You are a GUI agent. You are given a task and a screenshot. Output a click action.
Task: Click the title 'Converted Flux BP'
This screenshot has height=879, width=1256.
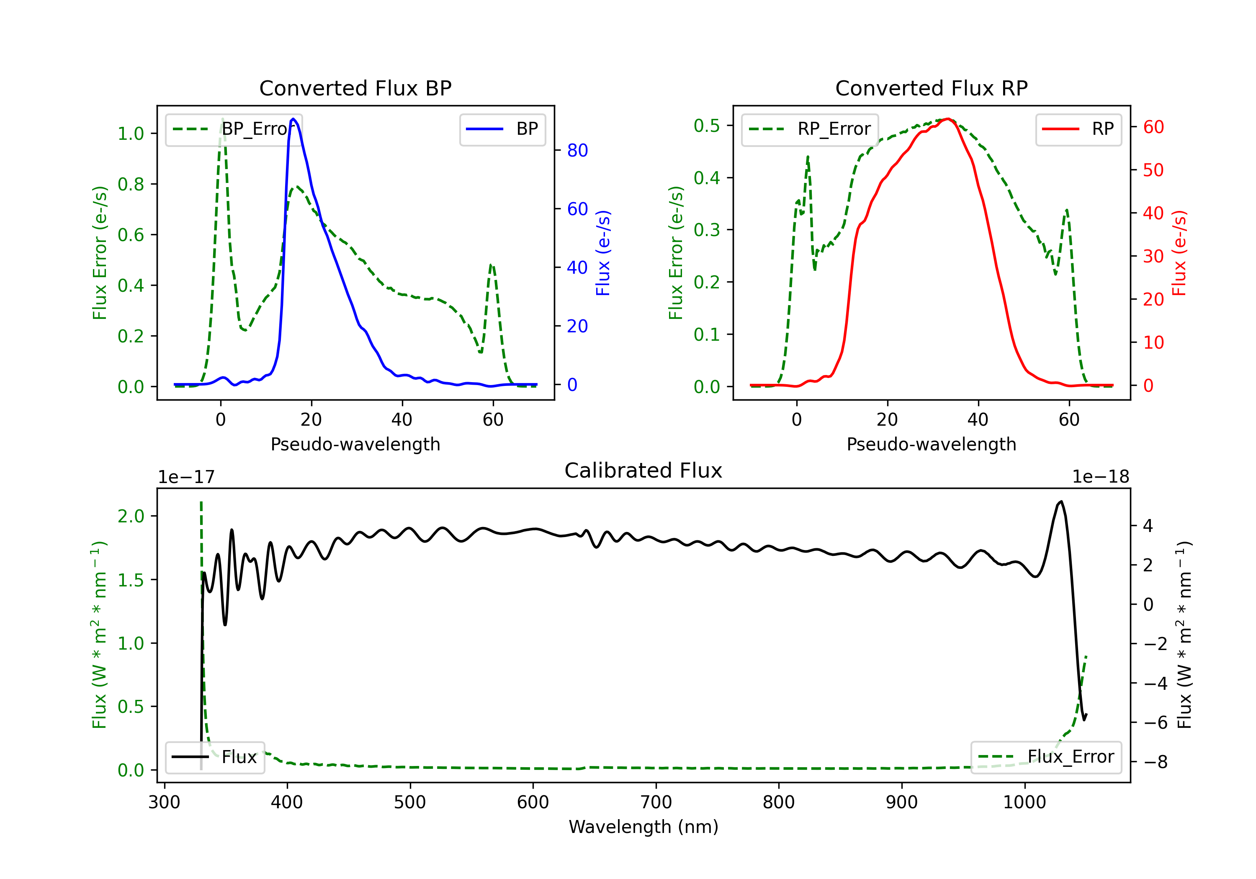355,88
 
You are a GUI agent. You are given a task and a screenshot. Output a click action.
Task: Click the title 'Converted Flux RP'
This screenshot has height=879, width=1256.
932,88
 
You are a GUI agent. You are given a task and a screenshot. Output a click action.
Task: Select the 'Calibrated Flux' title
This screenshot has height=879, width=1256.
643,470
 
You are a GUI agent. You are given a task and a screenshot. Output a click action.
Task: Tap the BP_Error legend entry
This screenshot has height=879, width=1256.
234,129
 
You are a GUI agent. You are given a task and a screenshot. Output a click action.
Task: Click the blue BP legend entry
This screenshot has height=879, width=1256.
502,129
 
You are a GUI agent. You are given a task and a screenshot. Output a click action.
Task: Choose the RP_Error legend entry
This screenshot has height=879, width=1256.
810,129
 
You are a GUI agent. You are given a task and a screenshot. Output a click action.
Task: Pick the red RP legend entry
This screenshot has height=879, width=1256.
1078,129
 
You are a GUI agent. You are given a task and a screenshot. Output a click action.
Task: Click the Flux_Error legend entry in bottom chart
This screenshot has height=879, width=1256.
1046,757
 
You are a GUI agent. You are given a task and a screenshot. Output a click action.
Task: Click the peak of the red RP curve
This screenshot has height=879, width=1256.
948,119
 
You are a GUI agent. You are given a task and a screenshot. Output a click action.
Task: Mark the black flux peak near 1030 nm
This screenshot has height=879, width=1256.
1061,501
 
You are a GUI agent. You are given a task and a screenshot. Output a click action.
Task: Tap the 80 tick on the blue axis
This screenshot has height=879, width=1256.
577,150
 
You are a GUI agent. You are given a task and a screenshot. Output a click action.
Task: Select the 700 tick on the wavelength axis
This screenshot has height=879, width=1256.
656,802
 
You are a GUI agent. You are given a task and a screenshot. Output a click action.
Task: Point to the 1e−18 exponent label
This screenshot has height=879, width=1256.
1101,477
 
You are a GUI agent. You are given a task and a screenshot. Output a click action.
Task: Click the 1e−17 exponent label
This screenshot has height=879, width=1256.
187,477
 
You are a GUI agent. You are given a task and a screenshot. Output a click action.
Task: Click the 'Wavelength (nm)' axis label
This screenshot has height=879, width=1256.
643,827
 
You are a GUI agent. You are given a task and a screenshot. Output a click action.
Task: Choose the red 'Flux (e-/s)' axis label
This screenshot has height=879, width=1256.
1179,253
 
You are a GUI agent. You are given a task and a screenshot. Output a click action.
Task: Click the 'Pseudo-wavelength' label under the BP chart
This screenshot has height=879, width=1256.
355,444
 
